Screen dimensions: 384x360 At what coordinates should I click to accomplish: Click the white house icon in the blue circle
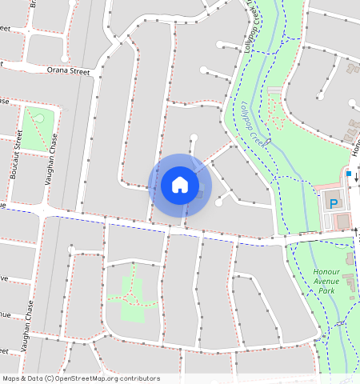(x=180, y=185)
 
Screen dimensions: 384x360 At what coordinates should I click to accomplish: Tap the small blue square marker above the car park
(x=349, y=172)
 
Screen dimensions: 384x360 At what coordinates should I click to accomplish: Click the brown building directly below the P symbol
(x=343, y=220)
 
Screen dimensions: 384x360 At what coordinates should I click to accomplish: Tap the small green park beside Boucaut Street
(x=38, y=128)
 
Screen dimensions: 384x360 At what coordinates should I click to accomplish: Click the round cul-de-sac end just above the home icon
(x=192, y=137)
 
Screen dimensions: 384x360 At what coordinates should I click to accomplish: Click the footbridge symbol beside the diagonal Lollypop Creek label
(x=269, y=142)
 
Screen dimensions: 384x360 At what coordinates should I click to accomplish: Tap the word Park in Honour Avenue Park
(x=326, y=290)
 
